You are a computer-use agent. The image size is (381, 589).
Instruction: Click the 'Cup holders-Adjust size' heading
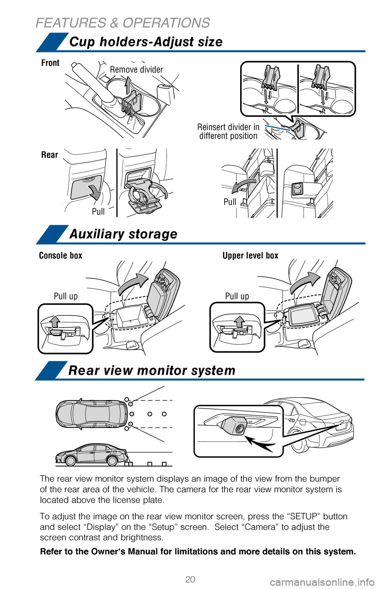[x=146, y=42]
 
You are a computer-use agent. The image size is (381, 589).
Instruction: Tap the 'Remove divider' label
[x=136, y=70]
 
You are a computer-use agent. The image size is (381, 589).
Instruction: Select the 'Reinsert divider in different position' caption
[x=228, y=131]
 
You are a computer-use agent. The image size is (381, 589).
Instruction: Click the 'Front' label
[x=50, y=63]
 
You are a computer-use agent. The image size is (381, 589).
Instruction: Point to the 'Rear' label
[x=50, y=155]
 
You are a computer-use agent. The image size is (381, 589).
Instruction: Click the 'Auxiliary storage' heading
[x=123, y=234]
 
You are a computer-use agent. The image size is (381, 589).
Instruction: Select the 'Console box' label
[x=60, y=256]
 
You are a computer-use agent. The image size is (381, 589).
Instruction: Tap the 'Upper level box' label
[x=250, y=256]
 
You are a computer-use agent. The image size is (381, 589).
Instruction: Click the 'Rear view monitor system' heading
[x=152, y=370]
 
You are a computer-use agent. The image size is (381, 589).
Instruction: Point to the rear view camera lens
[x=240, y=429]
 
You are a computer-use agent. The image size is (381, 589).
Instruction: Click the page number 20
[x=190, y=579]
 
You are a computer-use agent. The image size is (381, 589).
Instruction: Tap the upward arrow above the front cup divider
[x=127, y=85]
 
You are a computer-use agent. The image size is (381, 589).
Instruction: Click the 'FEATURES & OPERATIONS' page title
[x=123, y=23]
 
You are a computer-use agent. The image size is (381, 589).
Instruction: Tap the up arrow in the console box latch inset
[x=55, y=321]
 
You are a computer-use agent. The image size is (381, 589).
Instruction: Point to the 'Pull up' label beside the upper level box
[x=237, y=296]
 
